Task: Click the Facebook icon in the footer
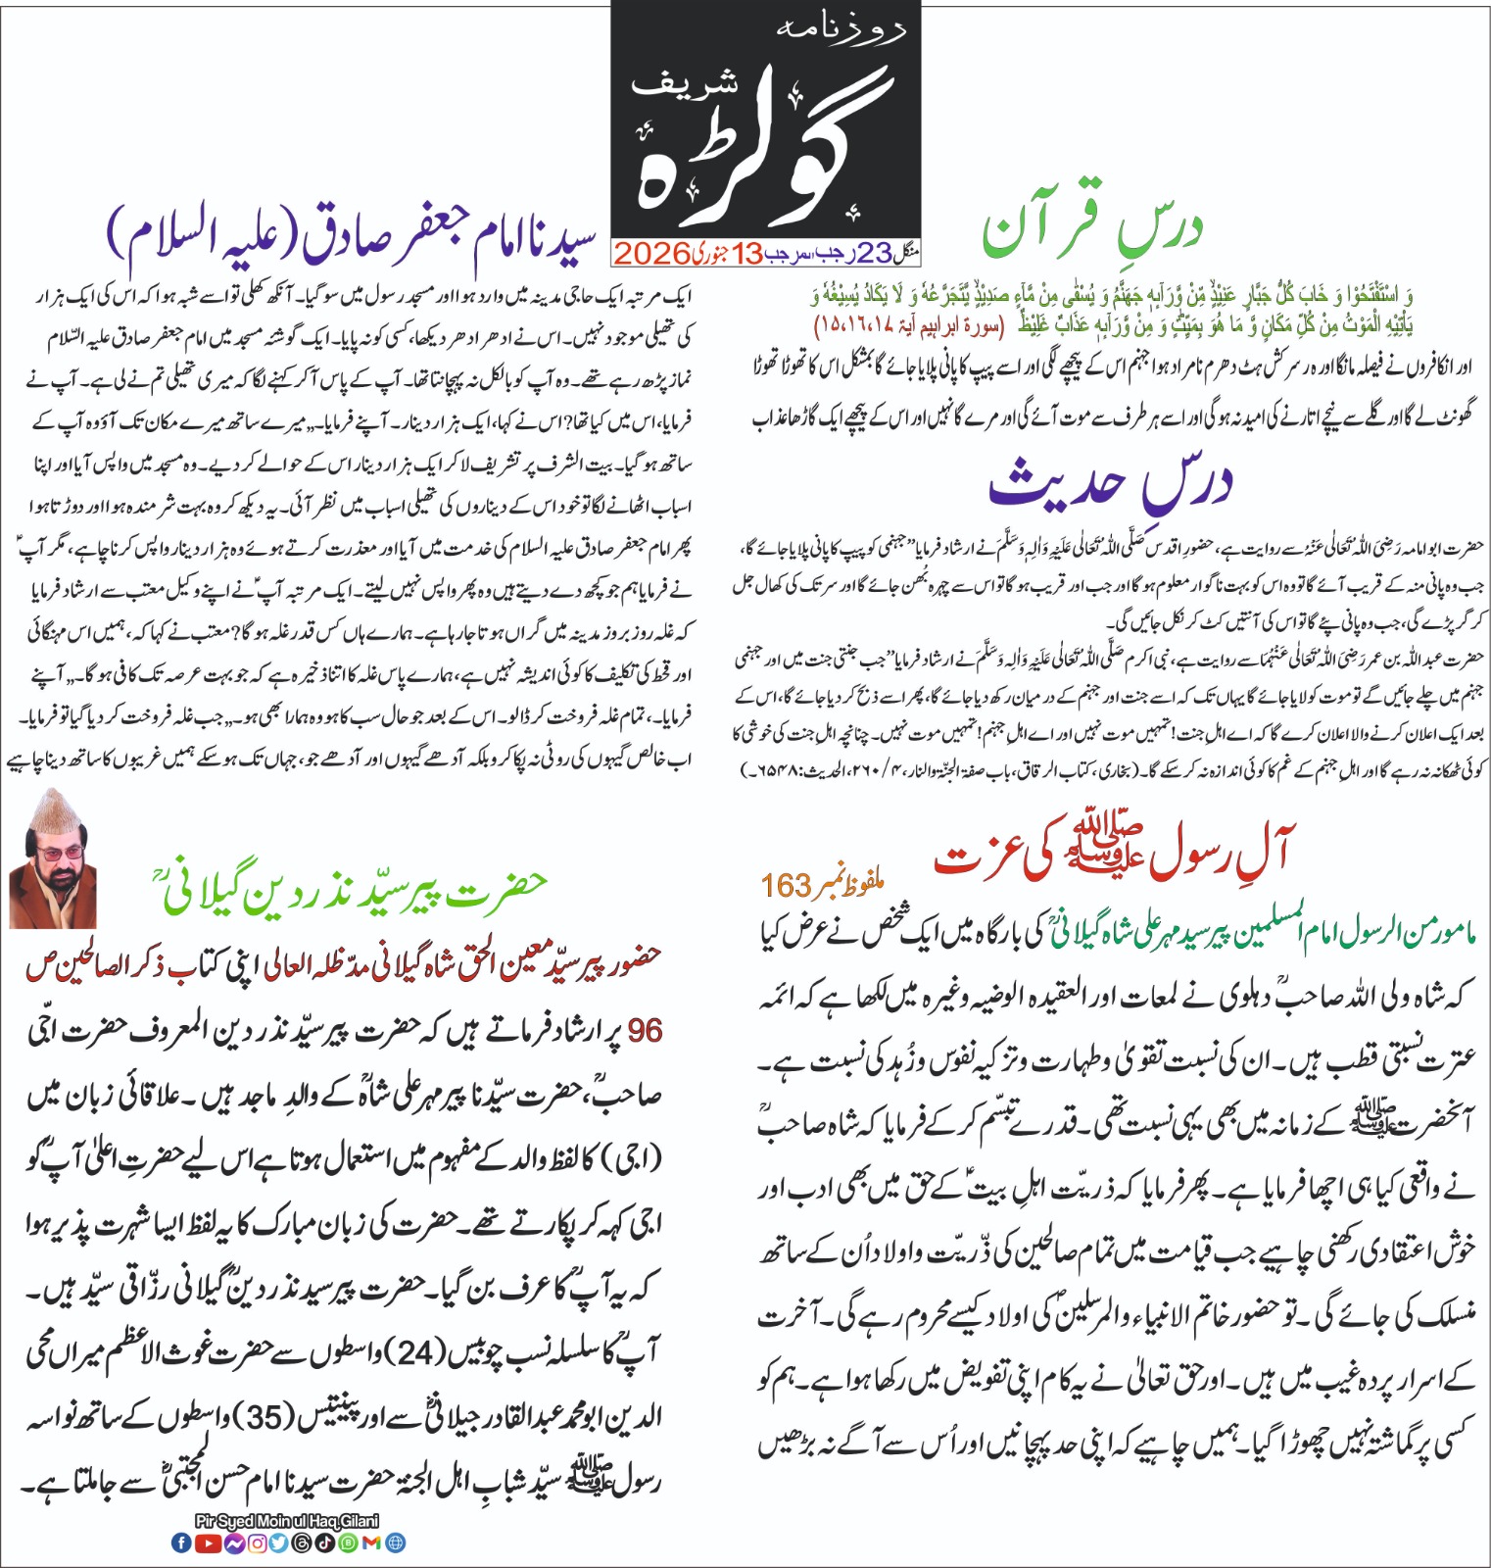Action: coord(181,1543)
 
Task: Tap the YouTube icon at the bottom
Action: coord(208,1543)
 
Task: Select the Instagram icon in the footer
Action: coord(257,1543)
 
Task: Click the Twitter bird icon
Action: coord(279,1543)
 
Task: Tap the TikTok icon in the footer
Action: coord(326,1543)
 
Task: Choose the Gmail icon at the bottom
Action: coord(371,1543)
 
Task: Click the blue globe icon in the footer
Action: coord(395,1543)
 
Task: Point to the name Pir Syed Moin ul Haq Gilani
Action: coord(287,1521)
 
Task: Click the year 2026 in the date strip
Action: coord(651,254)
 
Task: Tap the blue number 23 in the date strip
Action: coord(875,254)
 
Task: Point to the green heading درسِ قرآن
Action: coord(1091,228)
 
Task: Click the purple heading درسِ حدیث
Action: coord(1109,482)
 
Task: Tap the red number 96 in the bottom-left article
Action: coord(645,1030)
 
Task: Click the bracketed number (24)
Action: coord(414,1353)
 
